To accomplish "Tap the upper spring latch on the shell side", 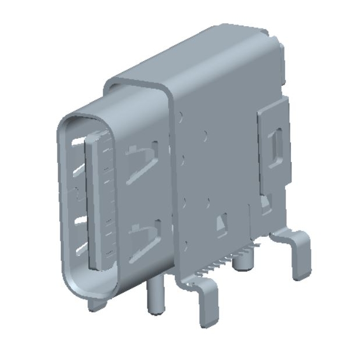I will (141, 163).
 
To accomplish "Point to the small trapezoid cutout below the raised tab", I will (266, 205).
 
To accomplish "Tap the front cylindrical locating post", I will (155, 296).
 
